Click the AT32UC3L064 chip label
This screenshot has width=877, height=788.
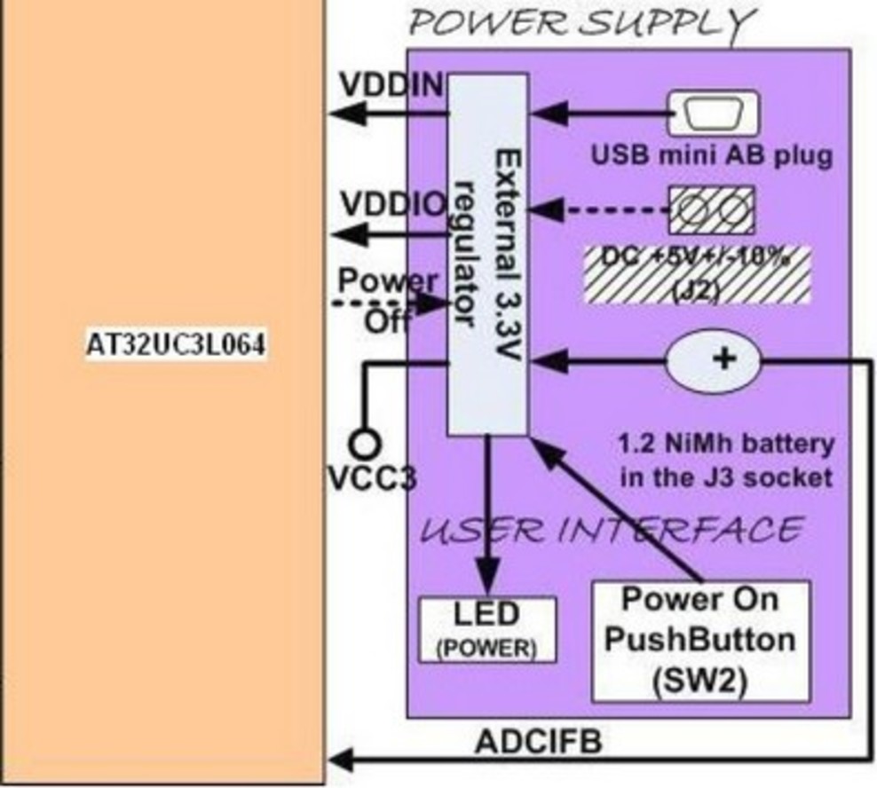pyautogui.click(x=175, y=346)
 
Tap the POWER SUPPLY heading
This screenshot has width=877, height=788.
pyautogui.click(x=582, y=23)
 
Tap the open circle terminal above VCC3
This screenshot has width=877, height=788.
pyautogui.click(x=364, y=441)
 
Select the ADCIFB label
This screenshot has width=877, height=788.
pyautogui.click(x=538, y=742)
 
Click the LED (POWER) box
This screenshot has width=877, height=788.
pyautogui.click(x=486, y=629)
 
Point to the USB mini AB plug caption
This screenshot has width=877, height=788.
pyautogui.click(x=713, y=156)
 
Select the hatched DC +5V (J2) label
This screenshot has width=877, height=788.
pyautogui.click(x=698, y=274)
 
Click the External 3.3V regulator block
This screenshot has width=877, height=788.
pyautogui.click(x=487, y=255)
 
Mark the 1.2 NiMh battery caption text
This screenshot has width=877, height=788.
pyautogui.click(x=724, y=460)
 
